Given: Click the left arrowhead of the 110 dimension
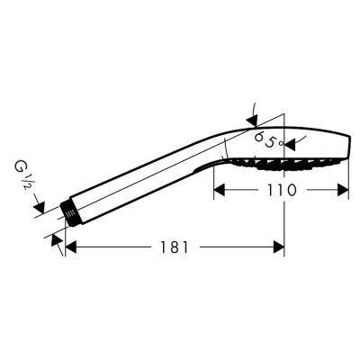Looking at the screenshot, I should pyautogui.click(x=219, y=190).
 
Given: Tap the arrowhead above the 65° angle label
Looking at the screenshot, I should pyautogui.click(x=253, y=119).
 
